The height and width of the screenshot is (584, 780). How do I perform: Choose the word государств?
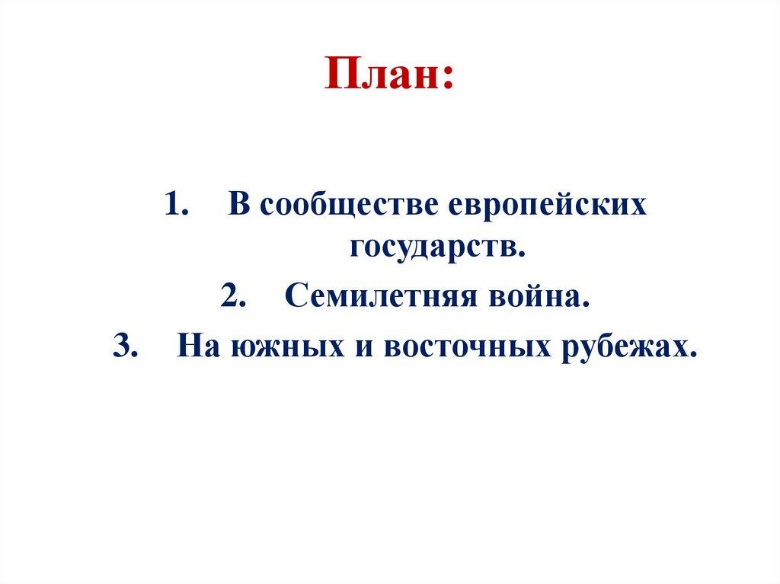click(435, 248)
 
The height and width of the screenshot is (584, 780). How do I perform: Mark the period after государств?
click(523, 254)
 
